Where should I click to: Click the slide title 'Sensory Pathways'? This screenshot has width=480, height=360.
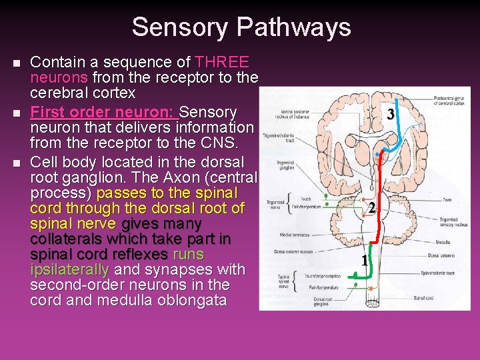tap(241, 27)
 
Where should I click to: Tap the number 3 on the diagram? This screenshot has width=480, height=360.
tap(391, 115)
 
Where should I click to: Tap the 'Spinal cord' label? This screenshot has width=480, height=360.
tap(424, 297)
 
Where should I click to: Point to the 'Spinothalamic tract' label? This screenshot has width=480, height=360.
tap(438, 273)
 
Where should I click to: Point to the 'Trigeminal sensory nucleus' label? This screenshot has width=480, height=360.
tap(453, 221)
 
